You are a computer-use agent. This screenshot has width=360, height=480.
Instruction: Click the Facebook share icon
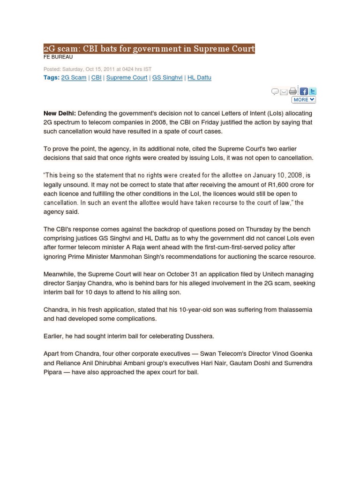click(x=304, y=91)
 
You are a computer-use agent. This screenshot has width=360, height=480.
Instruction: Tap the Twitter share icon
click(x=312, y=91)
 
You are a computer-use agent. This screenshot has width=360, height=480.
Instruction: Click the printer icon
click(x=293, y=91)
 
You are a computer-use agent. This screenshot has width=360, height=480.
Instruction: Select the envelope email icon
click(x=284, y=92)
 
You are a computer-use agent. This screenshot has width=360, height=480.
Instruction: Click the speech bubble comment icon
click(x=275, y=91)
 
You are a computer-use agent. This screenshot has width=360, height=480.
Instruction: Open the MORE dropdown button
click(x=304, y=100)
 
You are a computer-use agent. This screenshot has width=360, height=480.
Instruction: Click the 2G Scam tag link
click(x=74, y=78)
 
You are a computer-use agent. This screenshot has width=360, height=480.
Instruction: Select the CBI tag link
click(x=96, y=78)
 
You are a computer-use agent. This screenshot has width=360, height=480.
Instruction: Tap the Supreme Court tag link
click(x=127, y=78)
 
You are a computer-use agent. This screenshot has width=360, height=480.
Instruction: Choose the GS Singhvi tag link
click(x=167, y=78)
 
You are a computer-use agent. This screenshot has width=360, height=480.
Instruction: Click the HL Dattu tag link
click(x=199, y=78)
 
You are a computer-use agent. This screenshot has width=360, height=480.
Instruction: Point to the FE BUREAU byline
click(x=58, y=57)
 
